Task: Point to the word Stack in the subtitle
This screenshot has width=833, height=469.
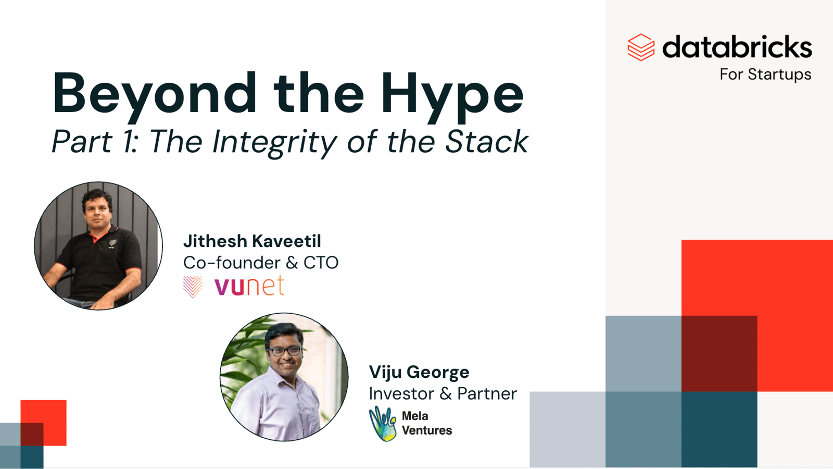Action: (x=487, y=141)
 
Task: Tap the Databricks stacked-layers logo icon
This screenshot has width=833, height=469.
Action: (x=641, y=47)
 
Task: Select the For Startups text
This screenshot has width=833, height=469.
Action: (x=765, y=75)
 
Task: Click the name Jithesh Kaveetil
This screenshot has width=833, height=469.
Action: (x=252, y=241)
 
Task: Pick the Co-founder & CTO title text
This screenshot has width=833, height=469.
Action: (x=261, y=263)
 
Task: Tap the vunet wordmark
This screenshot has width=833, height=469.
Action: (x=249, y=286)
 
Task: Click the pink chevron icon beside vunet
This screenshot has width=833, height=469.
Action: (x=193, y=287)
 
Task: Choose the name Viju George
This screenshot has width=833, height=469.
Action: (x=419, y=373)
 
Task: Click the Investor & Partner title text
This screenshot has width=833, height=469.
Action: (x=443, y=394)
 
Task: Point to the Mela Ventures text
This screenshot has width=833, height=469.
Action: (x=427, y=423)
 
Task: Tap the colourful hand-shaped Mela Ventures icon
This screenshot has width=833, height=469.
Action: (x=383, y=424)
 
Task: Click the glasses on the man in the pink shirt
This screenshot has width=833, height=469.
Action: (x=285, y=351)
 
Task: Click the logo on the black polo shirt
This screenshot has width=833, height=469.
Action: (x=112, y=244)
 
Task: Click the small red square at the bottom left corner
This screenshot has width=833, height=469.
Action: (x=44, y=423)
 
